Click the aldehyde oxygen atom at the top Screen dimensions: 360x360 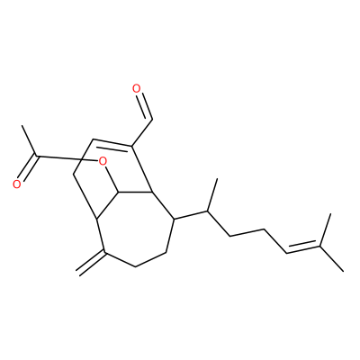[137, 88]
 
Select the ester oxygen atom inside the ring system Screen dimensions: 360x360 [103, 162]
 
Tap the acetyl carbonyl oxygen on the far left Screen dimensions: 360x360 [17, 184]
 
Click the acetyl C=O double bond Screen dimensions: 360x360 [28, 168]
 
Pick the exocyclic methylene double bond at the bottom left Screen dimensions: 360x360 [91, 263]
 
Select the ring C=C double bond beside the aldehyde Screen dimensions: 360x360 [112, 143]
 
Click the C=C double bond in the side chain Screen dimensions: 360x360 [303, 248]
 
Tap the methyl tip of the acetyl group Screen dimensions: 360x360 [22, 126]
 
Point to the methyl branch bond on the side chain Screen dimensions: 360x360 [212, 194]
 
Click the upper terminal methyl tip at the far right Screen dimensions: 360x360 [330, 213]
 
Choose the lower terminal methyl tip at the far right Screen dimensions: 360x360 [343, 271]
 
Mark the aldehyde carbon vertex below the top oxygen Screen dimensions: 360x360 [153, 120]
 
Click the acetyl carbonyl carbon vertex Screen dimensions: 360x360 [36, 156]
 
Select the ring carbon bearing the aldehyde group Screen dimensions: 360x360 [132, 146]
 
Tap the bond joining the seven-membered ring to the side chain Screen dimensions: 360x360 [191, 215]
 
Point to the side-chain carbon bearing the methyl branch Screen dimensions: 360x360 [207, 211]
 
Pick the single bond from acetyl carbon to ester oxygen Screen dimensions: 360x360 [67, 158]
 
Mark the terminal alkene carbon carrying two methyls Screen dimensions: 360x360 [319, 246]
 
